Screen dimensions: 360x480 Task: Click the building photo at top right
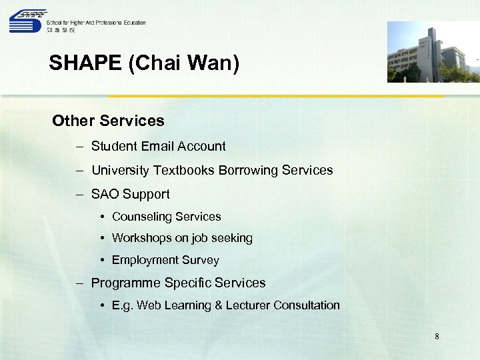[x=433, y=52]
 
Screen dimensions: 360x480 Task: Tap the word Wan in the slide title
[x=213, y=63]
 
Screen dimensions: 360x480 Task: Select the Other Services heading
[x=108, y=121]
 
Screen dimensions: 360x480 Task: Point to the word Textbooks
[x=183, y=170]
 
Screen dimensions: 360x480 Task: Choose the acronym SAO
[x=105, y=194]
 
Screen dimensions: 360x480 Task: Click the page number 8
[x=437, y=337]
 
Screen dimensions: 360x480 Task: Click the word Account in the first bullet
[x=205, y=146]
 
